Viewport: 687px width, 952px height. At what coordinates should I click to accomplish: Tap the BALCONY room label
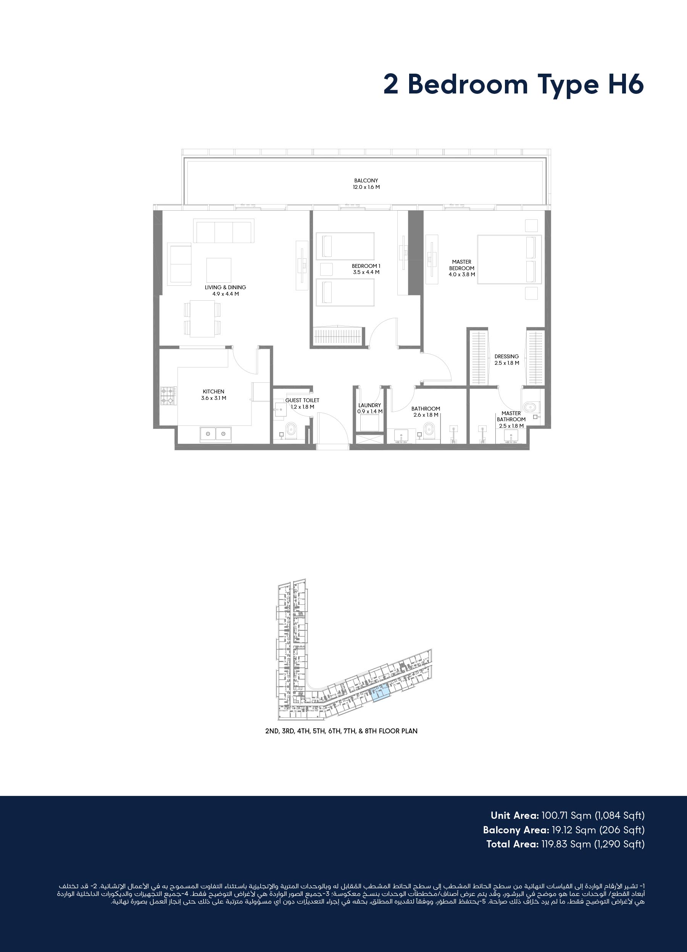[x=366, y=180]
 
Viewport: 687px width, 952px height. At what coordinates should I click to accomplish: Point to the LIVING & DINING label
[x=226, y=288]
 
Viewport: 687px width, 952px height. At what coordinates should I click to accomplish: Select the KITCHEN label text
[x=213, y=391]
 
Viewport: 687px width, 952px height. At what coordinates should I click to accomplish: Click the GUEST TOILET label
[x=302, y=400]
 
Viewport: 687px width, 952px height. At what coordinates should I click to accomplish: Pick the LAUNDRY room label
[x=369, y=406]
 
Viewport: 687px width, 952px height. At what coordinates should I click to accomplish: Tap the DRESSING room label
[x=506, y=356]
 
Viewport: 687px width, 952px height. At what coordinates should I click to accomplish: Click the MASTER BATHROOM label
[x=511, y=416]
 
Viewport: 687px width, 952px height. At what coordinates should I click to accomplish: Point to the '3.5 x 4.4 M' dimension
[x=366, y=272]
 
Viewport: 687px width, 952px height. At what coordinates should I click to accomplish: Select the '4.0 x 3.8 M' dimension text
[x=462, y=274]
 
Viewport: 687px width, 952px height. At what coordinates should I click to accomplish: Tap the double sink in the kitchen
[x=215, y=433]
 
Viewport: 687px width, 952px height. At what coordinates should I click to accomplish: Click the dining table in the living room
[x=202, y=319]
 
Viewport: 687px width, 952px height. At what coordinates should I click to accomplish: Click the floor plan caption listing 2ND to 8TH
[x=341, y=731]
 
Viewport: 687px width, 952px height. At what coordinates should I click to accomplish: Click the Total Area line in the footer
[x=565, y=844]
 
